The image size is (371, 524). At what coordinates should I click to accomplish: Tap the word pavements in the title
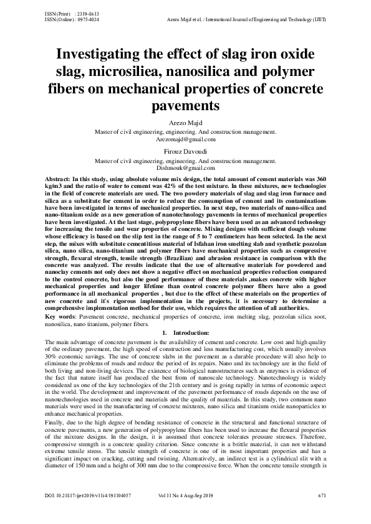pyautogui.click(x=185, y=106)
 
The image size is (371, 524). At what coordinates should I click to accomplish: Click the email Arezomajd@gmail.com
pyautogui.click(x=185, y=140)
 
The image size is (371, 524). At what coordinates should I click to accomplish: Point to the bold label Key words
pyautogui.click(x=61, y=317)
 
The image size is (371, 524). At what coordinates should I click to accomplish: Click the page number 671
pyautogui.click(x=322, y=512)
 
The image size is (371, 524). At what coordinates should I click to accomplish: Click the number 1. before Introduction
pyautogui.click(x=164, y=333)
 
